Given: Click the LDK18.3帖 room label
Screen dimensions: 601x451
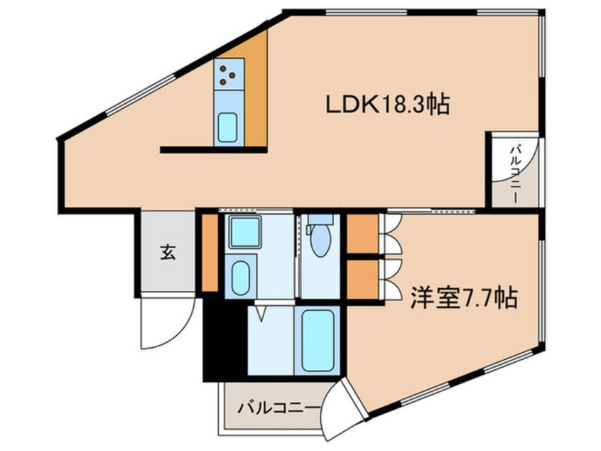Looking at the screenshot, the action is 387,104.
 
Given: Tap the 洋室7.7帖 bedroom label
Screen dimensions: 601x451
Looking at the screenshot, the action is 464,297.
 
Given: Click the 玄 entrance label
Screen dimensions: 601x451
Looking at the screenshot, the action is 168,253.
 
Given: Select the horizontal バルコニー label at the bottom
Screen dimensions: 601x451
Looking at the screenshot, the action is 278,407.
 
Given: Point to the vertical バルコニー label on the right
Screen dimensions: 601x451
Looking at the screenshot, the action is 516,174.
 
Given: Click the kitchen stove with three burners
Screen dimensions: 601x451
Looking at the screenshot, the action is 229,74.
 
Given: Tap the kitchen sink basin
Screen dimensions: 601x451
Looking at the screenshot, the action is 227,127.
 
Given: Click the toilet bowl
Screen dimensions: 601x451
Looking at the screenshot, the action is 320,240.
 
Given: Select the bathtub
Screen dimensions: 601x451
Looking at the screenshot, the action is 318,341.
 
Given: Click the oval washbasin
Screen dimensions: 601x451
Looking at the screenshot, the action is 241,278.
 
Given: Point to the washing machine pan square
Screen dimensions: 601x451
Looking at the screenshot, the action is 245,232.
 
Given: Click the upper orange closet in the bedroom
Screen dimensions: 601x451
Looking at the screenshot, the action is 362,234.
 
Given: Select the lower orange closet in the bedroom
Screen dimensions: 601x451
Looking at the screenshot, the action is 362,279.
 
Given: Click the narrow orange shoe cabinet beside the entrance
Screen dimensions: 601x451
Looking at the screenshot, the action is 210,253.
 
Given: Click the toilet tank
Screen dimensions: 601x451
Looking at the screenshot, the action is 320,219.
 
